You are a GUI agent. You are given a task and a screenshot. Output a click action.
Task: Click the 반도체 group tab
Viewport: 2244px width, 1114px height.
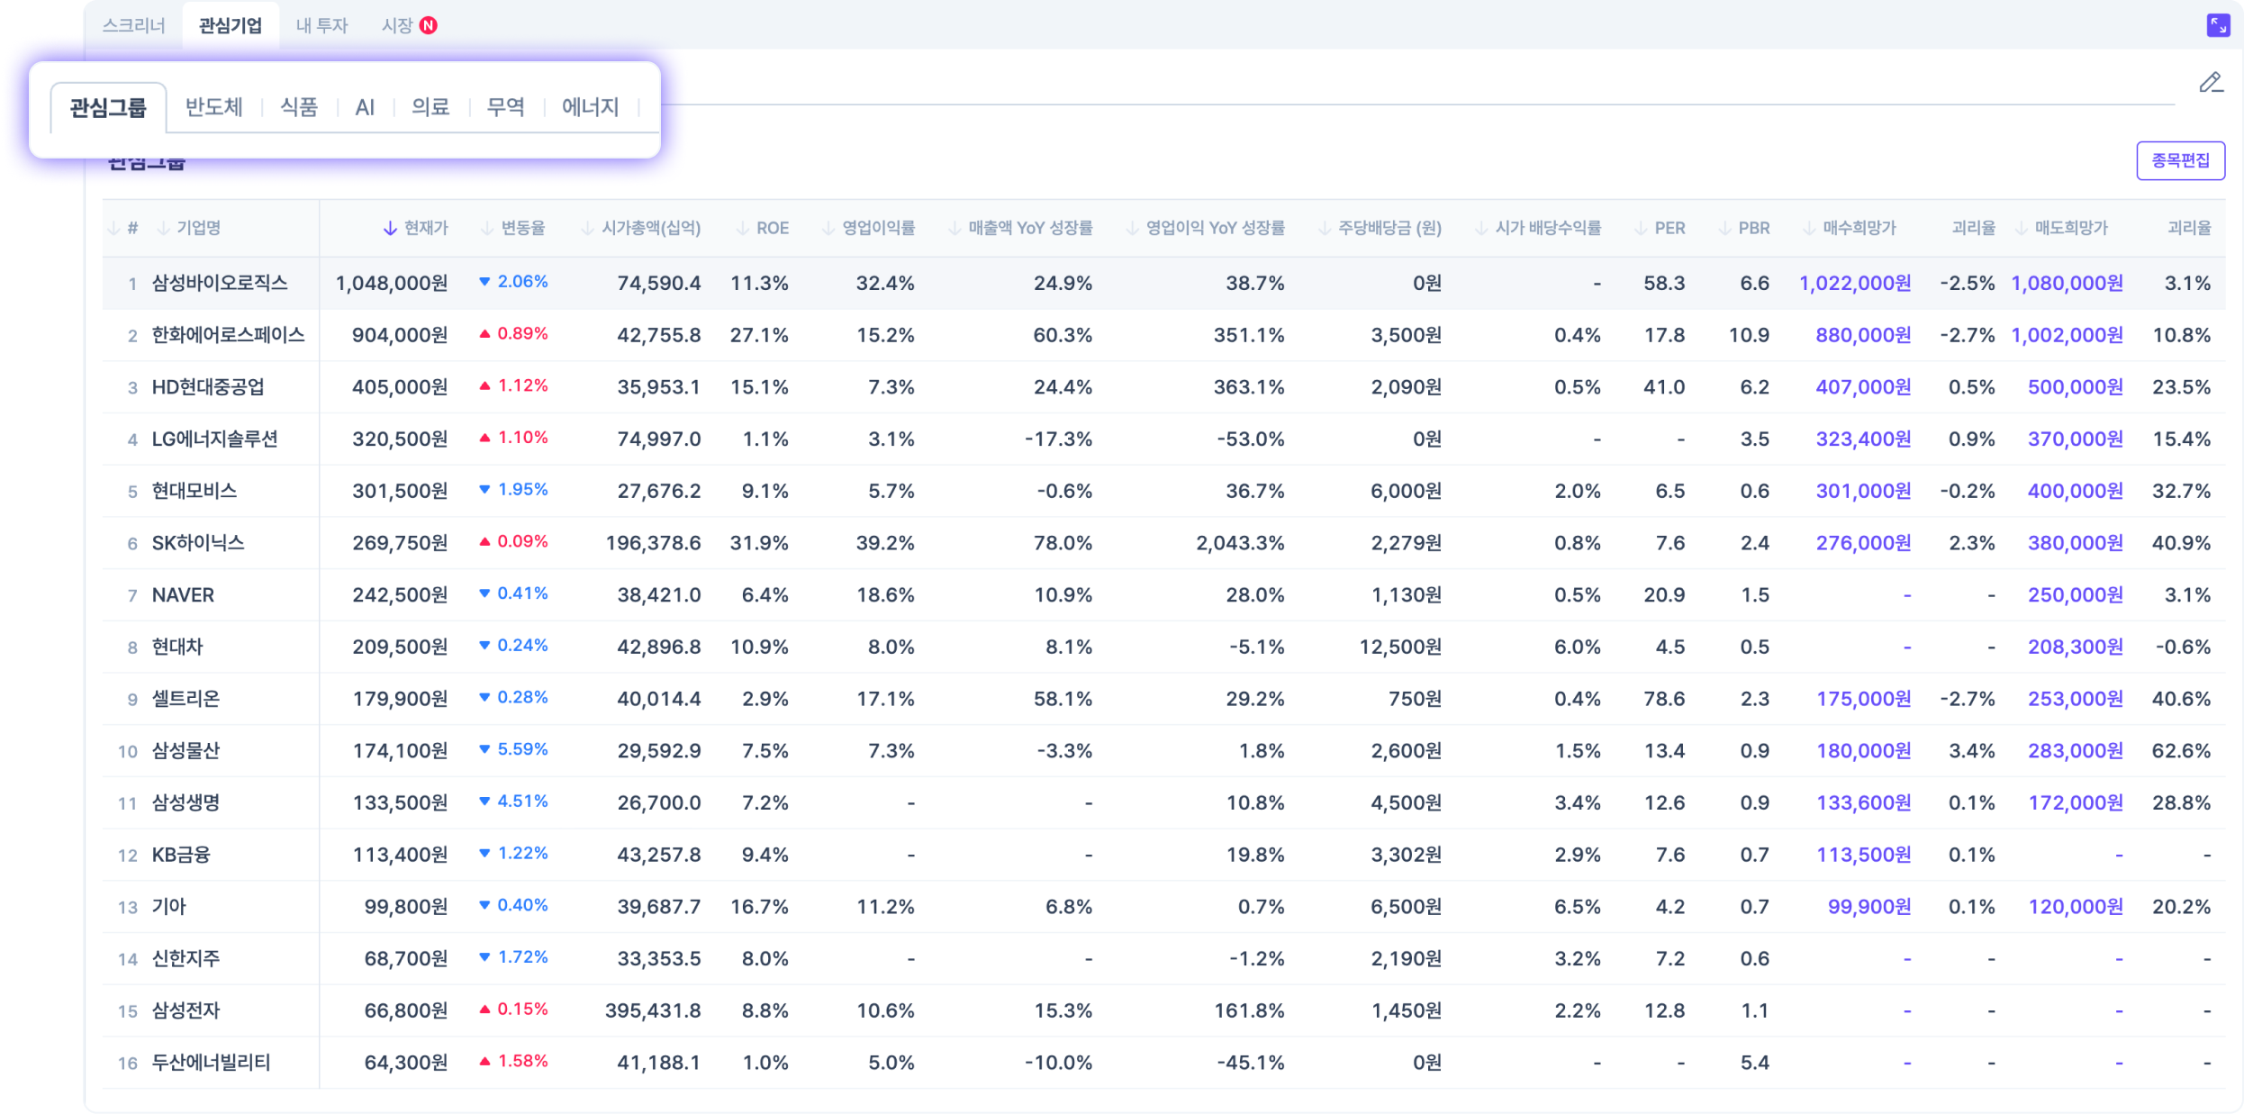213,107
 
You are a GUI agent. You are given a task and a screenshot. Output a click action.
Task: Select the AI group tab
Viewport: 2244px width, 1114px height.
365,108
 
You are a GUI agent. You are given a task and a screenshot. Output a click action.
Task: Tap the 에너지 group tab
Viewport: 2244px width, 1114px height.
590,107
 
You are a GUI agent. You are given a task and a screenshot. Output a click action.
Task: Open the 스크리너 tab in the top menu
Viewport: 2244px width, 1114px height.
134,25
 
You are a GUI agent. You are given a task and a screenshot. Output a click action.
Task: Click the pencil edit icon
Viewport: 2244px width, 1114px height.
2211,83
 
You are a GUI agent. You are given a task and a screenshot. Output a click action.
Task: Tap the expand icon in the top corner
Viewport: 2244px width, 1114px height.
2218,25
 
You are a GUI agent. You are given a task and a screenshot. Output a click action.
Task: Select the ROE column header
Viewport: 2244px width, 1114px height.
772,228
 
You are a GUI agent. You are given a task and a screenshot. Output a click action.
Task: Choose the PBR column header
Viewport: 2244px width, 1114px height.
1752,228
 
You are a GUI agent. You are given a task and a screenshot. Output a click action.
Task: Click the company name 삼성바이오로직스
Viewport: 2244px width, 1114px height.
220,283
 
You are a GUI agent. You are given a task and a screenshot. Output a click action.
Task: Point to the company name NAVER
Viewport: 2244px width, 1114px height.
183,595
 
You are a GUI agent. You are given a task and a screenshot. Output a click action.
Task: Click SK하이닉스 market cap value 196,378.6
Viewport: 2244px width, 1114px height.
653,543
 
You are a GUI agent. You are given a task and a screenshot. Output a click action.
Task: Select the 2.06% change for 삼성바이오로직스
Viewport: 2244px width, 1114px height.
521,282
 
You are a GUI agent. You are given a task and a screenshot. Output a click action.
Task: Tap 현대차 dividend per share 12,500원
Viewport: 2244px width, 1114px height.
1399,647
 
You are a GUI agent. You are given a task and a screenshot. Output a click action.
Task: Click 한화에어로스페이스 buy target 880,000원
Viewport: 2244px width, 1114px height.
1862,335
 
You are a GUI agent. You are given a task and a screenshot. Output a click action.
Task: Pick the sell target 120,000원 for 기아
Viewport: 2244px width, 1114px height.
2075,907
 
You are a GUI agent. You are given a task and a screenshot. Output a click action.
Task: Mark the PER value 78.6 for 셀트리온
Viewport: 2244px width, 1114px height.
1663,699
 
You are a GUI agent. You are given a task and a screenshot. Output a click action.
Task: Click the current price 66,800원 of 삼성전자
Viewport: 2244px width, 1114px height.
405,1010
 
